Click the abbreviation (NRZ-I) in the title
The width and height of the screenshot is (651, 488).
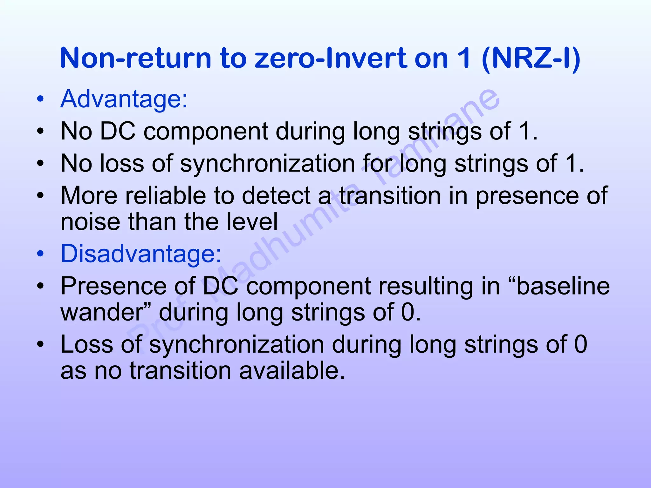tap(531, 58)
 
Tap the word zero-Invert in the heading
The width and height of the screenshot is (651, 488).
tap(331, 58)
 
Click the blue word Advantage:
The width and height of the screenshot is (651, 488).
tap(124, 99)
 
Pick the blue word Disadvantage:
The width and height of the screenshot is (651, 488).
tap(141, 254)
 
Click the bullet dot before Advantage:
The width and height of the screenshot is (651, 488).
tap(40, 99)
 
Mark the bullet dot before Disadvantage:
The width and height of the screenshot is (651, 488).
tap(40, 254)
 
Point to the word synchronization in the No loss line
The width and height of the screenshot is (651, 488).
tap(267, 164)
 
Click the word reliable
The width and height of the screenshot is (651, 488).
tap(166, 196)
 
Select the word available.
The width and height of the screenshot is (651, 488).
tap(291, 371)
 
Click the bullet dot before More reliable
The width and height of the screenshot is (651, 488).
tap(40, 196)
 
